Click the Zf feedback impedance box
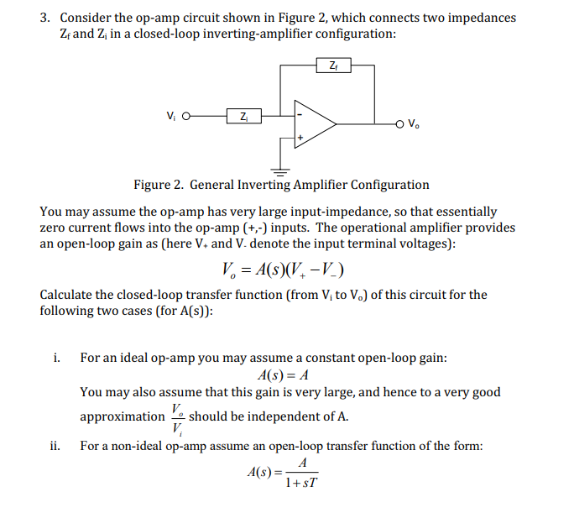click(x=335, y=65)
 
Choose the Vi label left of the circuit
click(x=171, y=115)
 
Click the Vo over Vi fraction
click(x=176, y=416)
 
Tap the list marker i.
click(x=55, y=358)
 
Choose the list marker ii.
click(x=56, y=446)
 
